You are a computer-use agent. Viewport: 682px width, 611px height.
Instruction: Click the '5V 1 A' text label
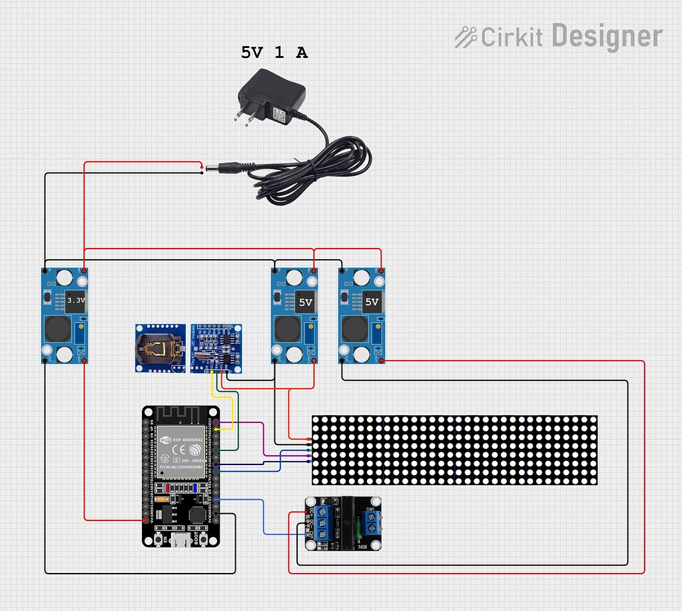tap(274, 53)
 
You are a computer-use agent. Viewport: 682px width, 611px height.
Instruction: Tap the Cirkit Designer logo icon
tap(466, 37)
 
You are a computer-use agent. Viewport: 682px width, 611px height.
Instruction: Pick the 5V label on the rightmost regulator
tap(372, 302)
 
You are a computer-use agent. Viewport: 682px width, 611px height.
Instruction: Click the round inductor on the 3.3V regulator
tap(55, 328)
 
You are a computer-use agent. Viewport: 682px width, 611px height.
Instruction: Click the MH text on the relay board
tap(363, 546)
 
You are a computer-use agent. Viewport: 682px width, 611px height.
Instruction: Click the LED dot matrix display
tap(454, 450)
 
